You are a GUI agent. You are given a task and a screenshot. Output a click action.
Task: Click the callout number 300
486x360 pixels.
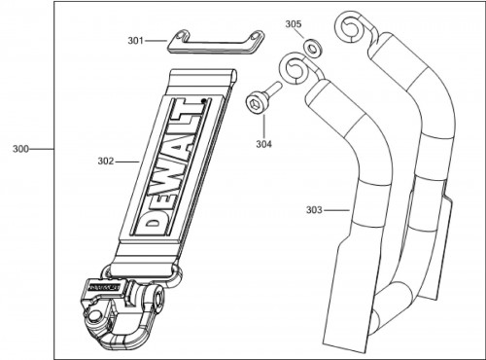point(20,149)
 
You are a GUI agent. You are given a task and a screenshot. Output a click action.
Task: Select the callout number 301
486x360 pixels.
point(135,41)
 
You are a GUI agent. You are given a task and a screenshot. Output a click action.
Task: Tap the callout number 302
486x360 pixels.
point(106,162)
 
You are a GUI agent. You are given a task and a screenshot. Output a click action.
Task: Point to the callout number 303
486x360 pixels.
point(314,210)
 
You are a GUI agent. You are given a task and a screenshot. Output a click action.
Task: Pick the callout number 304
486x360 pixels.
point(264,144)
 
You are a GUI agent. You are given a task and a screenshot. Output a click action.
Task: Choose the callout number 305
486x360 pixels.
point(294,24)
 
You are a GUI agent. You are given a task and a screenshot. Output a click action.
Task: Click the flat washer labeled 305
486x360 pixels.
point(313,48)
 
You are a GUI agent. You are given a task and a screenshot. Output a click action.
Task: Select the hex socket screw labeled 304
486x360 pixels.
point(261,98)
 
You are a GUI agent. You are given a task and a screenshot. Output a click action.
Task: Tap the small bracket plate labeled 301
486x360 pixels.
point(216,43)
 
